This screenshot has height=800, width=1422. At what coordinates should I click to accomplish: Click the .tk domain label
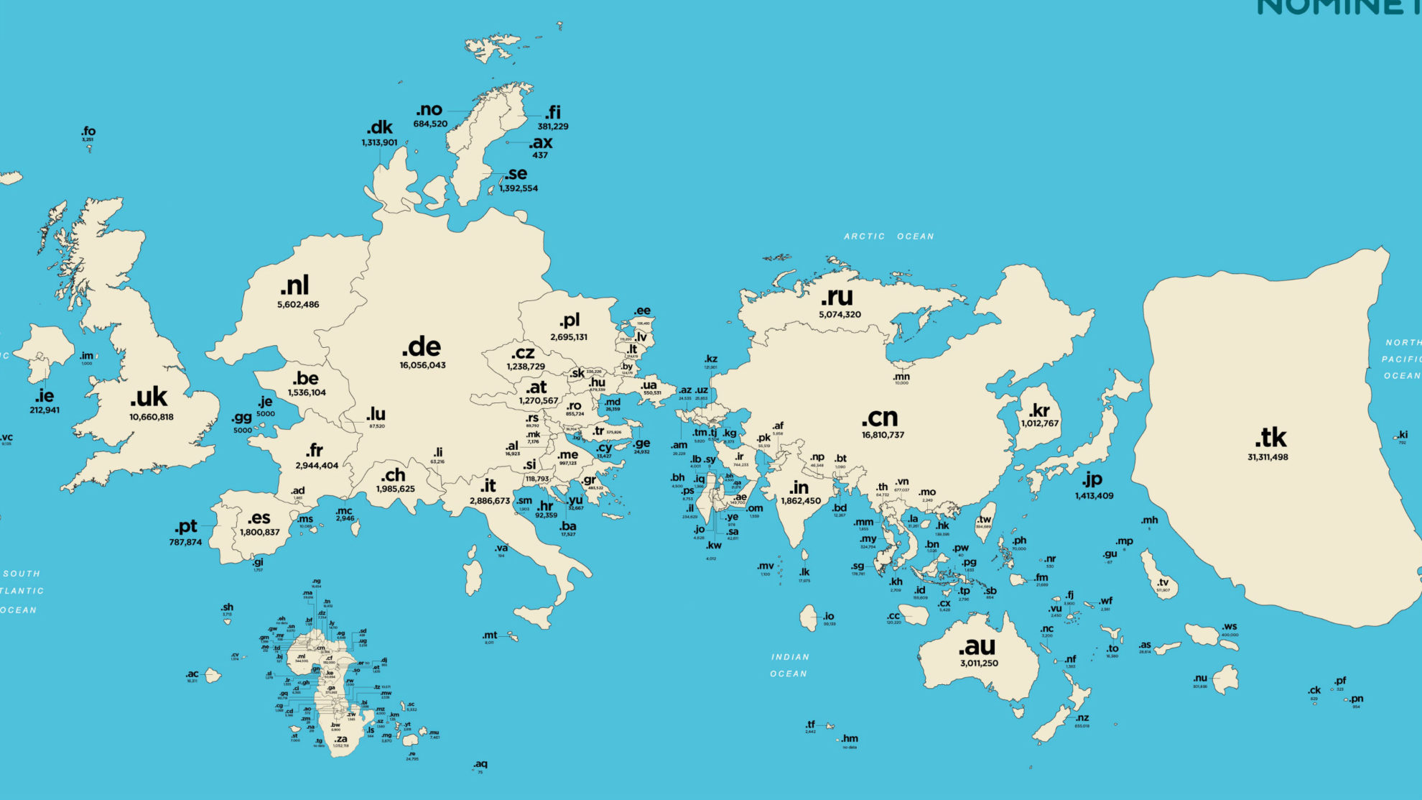1270,437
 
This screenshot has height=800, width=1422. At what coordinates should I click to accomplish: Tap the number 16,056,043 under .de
422,365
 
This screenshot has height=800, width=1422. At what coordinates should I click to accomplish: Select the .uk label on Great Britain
149,397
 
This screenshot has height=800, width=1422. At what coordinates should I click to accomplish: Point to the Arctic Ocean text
888,236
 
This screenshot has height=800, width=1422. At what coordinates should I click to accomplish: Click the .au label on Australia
977,645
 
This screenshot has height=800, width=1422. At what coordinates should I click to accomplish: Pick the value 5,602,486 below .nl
298,305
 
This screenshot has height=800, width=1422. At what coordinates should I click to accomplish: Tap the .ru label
837,296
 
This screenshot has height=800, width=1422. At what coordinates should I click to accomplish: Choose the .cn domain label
880,417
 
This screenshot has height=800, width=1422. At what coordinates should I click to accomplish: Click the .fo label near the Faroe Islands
88,131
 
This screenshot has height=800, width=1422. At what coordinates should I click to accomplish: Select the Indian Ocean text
789,665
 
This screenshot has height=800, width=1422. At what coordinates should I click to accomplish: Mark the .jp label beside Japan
1092,479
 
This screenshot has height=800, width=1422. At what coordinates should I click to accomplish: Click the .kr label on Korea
1039,410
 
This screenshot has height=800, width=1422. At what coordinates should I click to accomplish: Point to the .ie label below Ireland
45,395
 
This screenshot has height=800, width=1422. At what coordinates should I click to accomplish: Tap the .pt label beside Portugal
185,526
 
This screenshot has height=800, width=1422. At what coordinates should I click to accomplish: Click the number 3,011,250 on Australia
979,663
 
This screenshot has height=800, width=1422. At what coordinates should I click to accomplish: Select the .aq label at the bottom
480,763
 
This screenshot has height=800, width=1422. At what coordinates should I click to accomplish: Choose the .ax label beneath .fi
540,142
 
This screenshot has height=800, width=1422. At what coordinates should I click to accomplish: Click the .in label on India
799,487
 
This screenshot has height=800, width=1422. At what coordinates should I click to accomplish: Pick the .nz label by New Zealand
1082,717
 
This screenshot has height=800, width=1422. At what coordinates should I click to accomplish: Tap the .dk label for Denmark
379,127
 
